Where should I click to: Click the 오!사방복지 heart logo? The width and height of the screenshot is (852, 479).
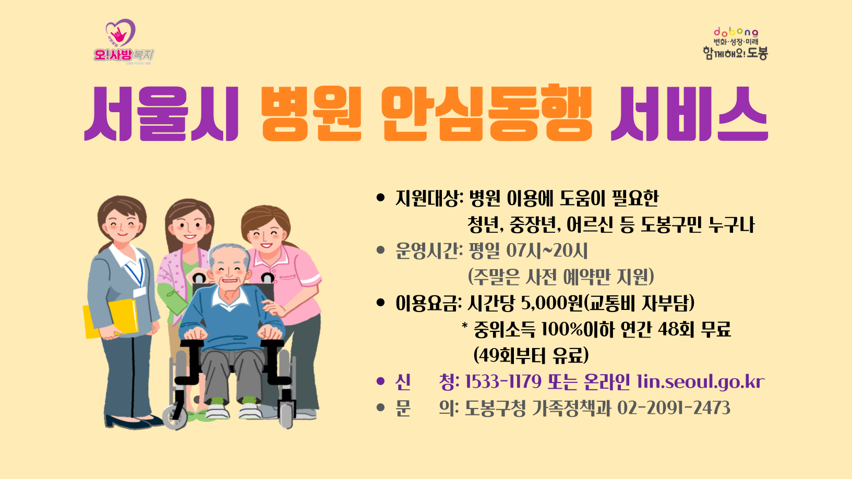tap(123, 42)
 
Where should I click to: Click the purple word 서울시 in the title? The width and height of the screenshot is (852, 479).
tap(161, 114)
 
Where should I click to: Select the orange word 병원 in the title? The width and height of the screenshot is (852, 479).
tap(311, 114)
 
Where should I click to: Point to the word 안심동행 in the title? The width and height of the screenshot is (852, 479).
tap(486, 114)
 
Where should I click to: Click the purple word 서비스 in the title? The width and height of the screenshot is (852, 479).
tap(689, 114)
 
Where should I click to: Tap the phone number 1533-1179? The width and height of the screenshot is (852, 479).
tap(503, 382)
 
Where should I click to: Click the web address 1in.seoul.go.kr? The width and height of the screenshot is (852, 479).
tap(700, 382)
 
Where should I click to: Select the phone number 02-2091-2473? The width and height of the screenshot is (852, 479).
tap(674, 408)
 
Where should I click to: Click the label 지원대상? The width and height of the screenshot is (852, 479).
tap(428, 199)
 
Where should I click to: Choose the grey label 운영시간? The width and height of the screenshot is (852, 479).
tap(428, 251)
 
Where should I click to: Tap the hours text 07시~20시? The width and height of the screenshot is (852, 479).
tap(547, 251)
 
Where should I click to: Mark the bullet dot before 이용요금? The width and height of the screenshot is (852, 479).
tap(380, 303)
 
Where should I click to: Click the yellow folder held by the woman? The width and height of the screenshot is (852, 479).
tap(111, 318)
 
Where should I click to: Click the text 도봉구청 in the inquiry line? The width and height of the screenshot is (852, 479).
tap(495, 408)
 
